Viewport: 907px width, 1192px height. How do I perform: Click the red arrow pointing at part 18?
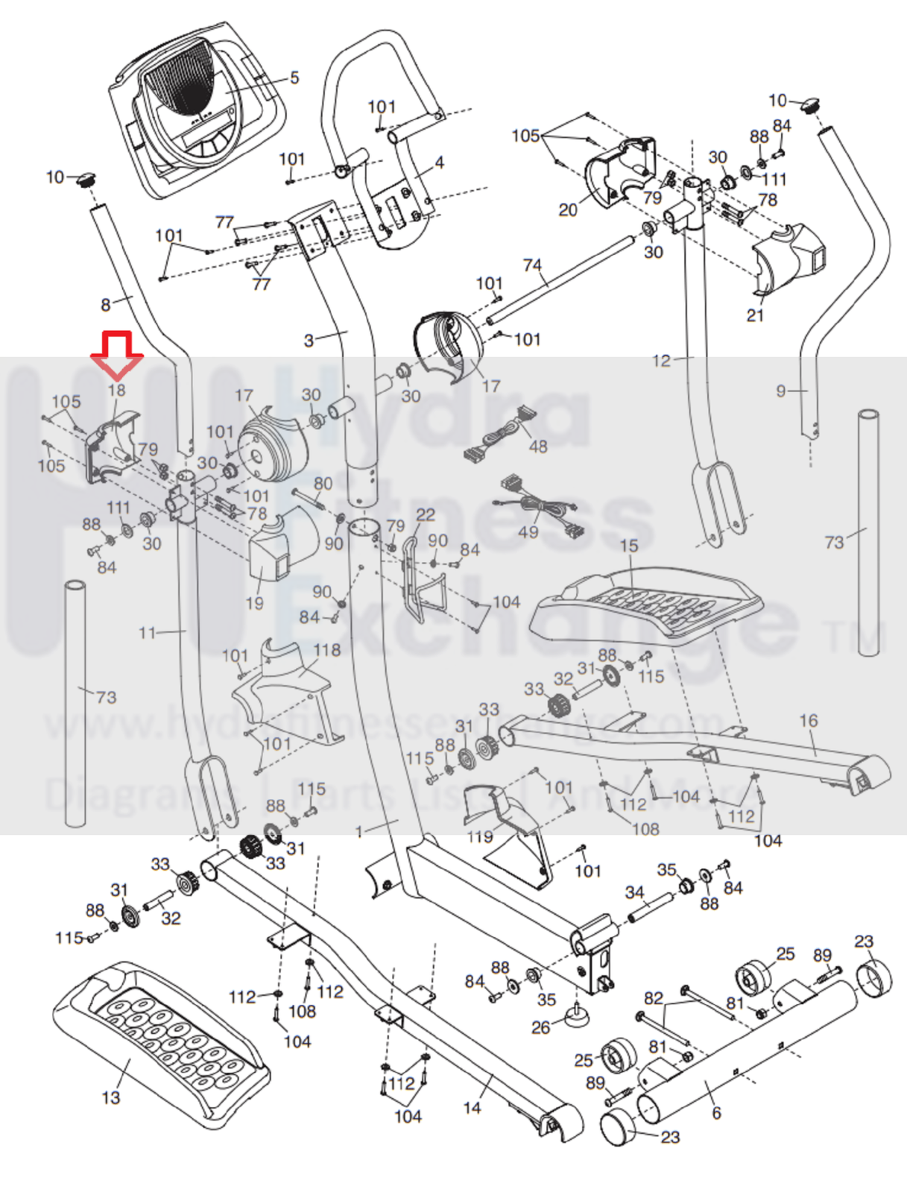[116, 353]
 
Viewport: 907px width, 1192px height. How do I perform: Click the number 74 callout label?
[532, 265]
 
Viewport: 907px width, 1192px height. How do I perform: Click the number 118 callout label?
[326, 650]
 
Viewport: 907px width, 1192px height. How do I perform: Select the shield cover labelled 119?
[514, 827]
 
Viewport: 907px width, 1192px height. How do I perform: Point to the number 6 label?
[716, 1113]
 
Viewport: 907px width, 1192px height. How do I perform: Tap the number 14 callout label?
[472, 1108]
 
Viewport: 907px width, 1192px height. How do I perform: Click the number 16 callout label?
[808, 721]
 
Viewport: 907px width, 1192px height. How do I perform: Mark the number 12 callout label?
[661, 361]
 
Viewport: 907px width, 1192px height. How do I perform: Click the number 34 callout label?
[634, 892]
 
